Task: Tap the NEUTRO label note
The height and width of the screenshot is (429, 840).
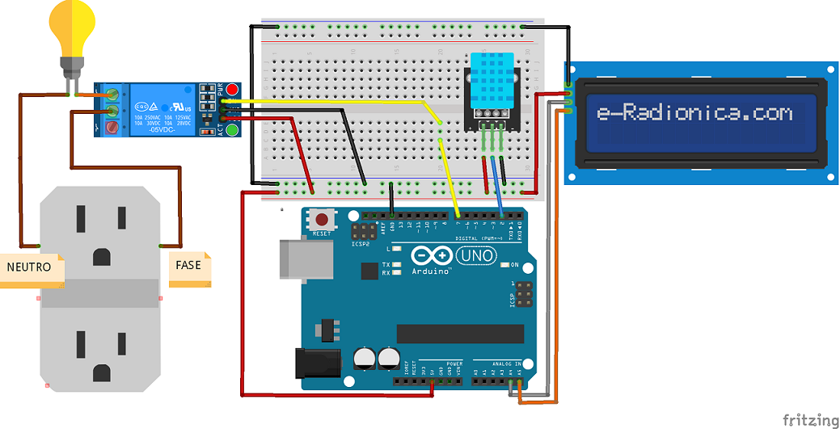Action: (31, 268)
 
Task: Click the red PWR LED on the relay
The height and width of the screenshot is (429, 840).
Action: (232, 89)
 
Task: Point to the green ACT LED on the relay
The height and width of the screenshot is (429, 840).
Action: (232, 129)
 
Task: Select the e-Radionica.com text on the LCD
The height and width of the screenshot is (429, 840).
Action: (694, 113)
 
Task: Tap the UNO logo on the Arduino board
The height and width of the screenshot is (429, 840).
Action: (476, 256)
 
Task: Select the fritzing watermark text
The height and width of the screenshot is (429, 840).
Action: (811, 420)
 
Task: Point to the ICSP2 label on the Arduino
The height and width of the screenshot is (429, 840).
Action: (361, 243)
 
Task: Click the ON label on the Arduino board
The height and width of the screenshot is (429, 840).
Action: (514, 265)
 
